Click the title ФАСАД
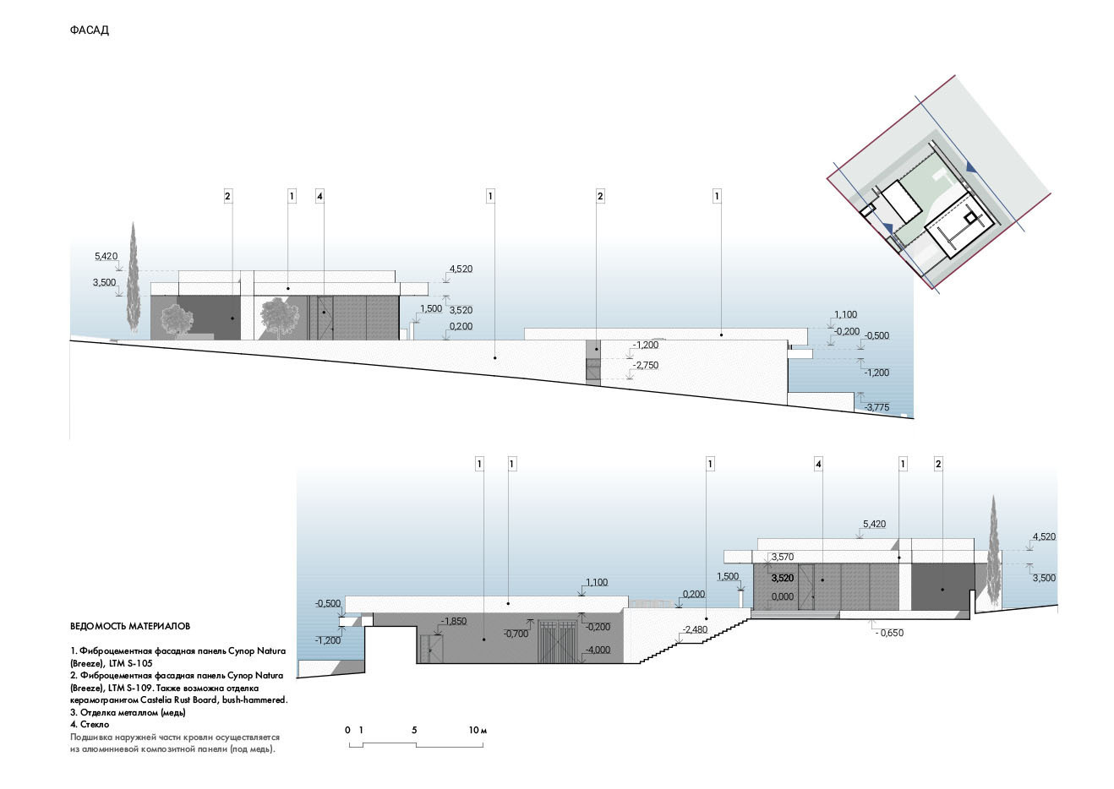click(x=89, y=30)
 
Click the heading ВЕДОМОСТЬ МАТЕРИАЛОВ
click(x=130, y=626)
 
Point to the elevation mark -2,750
click(x=646, y=366)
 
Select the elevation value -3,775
click(x=876, y=407)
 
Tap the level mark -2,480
click(x=695, y=629)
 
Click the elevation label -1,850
click(x=454, y=621)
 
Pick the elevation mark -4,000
click(x=598, y=650)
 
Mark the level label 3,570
click(x=783, y=557)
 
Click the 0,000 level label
click(x=783, y=596)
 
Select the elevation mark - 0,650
click(x=889, y=633)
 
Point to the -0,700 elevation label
click(x=516, y=634)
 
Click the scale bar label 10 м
click(x=478, y=731)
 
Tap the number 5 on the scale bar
click(x=414, y=731)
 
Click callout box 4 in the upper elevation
click(x=319, y=196)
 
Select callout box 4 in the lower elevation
click(x=818, y=465)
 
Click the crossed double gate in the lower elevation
click(x=560, y=641)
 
